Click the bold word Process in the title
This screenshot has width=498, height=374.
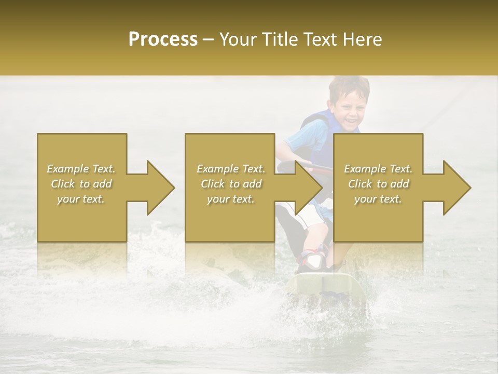tap(163, 39)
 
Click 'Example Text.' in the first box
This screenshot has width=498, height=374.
tap(81, 169)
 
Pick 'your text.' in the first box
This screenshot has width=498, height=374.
tap(81, 199)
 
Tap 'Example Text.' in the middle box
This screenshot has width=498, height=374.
tap(231, 169)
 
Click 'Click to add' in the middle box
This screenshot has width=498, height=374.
tap(231, 184)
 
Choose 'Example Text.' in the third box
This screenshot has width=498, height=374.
tap(378, 169)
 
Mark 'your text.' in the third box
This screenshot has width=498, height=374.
tap(378, 199)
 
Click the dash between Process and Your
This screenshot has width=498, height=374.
tap(209, 39)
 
